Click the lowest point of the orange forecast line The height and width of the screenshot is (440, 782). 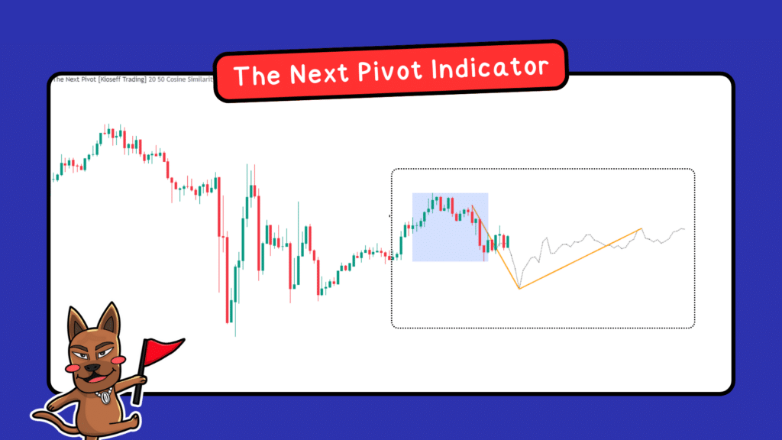(x=519, y=289)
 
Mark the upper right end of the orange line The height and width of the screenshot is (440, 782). (x=641, y=228)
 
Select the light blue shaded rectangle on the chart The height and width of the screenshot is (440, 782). (x=450, y=227)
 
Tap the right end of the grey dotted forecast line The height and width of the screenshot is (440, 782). (x=684, y=229)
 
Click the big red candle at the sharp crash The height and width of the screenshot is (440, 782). (x=228, y=275)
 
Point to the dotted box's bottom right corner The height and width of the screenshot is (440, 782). (x=693, y=326)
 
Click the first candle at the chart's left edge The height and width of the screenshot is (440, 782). (x=54, y=178)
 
